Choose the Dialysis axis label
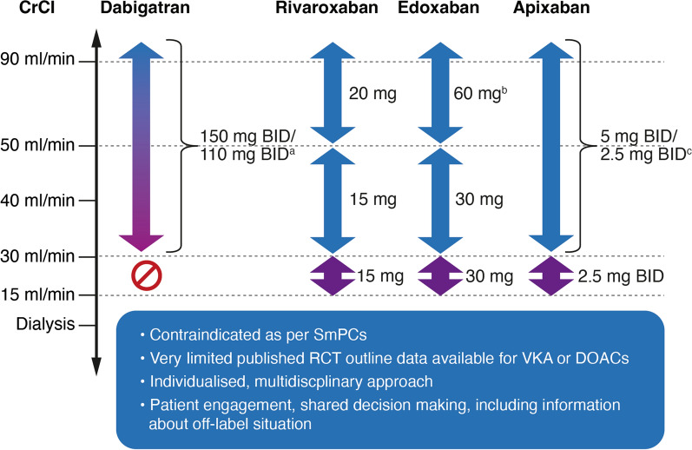click(43, 325)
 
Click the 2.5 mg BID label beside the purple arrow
click(620, 276)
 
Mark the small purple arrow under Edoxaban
click(439, 276)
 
